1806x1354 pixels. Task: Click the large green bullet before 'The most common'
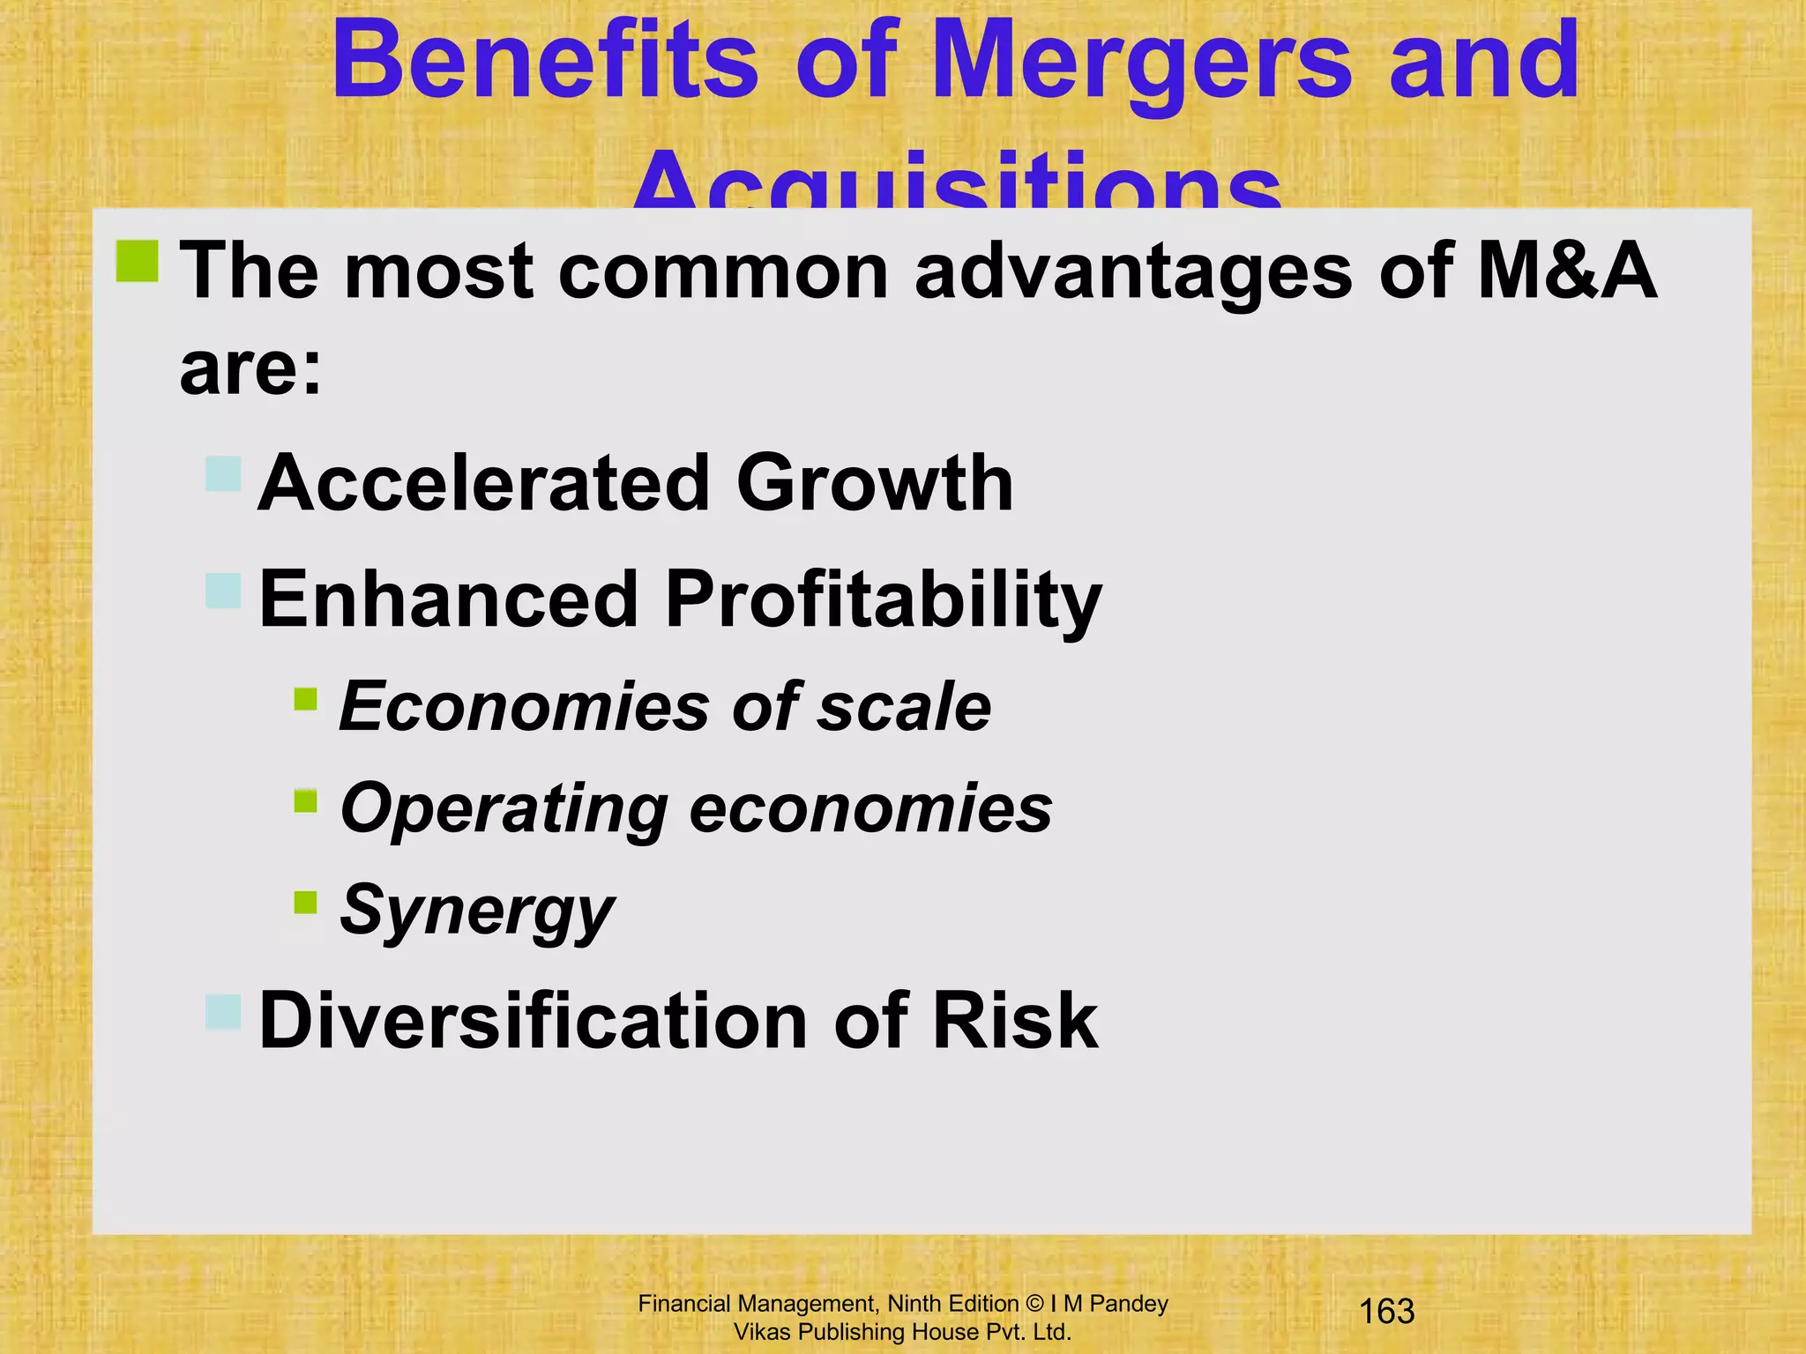137,262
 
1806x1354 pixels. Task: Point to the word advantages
1133,273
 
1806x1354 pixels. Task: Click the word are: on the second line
251,368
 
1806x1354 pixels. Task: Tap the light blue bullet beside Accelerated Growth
223,473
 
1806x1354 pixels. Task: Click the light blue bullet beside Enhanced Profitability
223,591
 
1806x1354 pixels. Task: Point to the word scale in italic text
904,707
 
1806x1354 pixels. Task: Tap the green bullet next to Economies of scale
305,699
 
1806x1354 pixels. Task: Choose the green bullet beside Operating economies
305,800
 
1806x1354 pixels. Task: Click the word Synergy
476,911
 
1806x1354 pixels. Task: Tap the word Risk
1015,1021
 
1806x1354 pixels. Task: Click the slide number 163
1387,1312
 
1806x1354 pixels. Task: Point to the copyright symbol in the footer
1034,1304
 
